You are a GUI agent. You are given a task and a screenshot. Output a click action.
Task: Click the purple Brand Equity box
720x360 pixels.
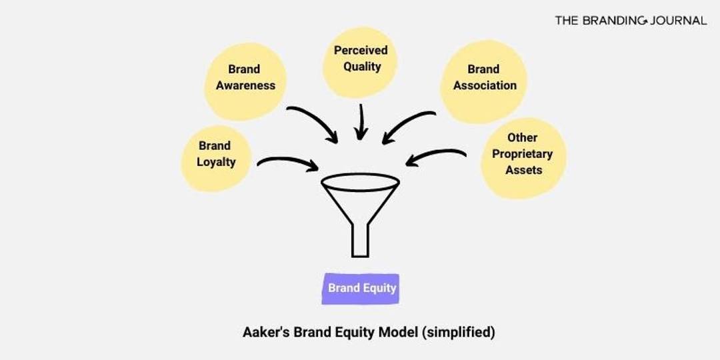[x=361, y=289]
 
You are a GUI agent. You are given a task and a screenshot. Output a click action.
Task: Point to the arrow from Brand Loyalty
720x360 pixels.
[x=287, y=161]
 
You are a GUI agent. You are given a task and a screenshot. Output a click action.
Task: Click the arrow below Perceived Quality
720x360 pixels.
[x=361, y=121]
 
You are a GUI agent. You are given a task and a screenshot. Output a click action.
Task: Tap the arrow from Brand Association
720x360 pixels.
[x=408, y=124]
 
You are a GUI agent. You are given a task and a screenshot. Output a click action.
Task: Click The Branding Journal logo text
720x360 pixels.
[x=630, y=21]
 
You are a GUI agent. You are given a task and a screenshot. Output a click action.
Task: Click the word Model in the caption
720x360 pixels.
[x=399, y=332]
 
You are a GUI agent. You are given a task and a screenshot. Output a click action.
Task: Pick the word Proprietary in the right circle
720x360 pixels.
[x=523, y=154]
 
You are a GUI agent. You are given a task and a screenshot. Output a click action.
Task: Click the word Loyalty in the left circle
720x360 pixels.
[x=216, y=162]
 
